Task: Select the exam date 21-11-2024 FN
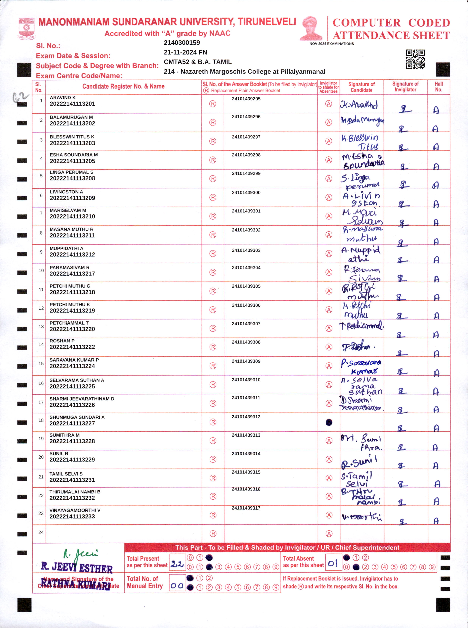(185, 52)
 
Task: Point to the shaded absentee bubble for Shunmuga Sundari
(329, 423)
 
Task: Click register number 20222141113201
(72, 104)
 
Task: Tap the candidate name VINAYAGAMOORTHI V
(75, 510)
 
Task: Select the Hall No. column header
(438, 87)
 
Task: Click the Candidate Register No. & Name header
(123, 86)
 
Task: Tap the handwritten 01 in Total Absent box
(333, 564)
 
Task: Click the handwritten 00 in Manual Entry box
(177, 586)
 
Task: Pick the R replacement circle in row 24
(213, 534)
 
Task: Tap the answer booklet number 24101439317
(246, 508)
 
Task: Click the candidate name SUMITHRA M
(64, 435)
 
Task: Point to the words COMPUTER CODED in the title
(391, 23)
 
